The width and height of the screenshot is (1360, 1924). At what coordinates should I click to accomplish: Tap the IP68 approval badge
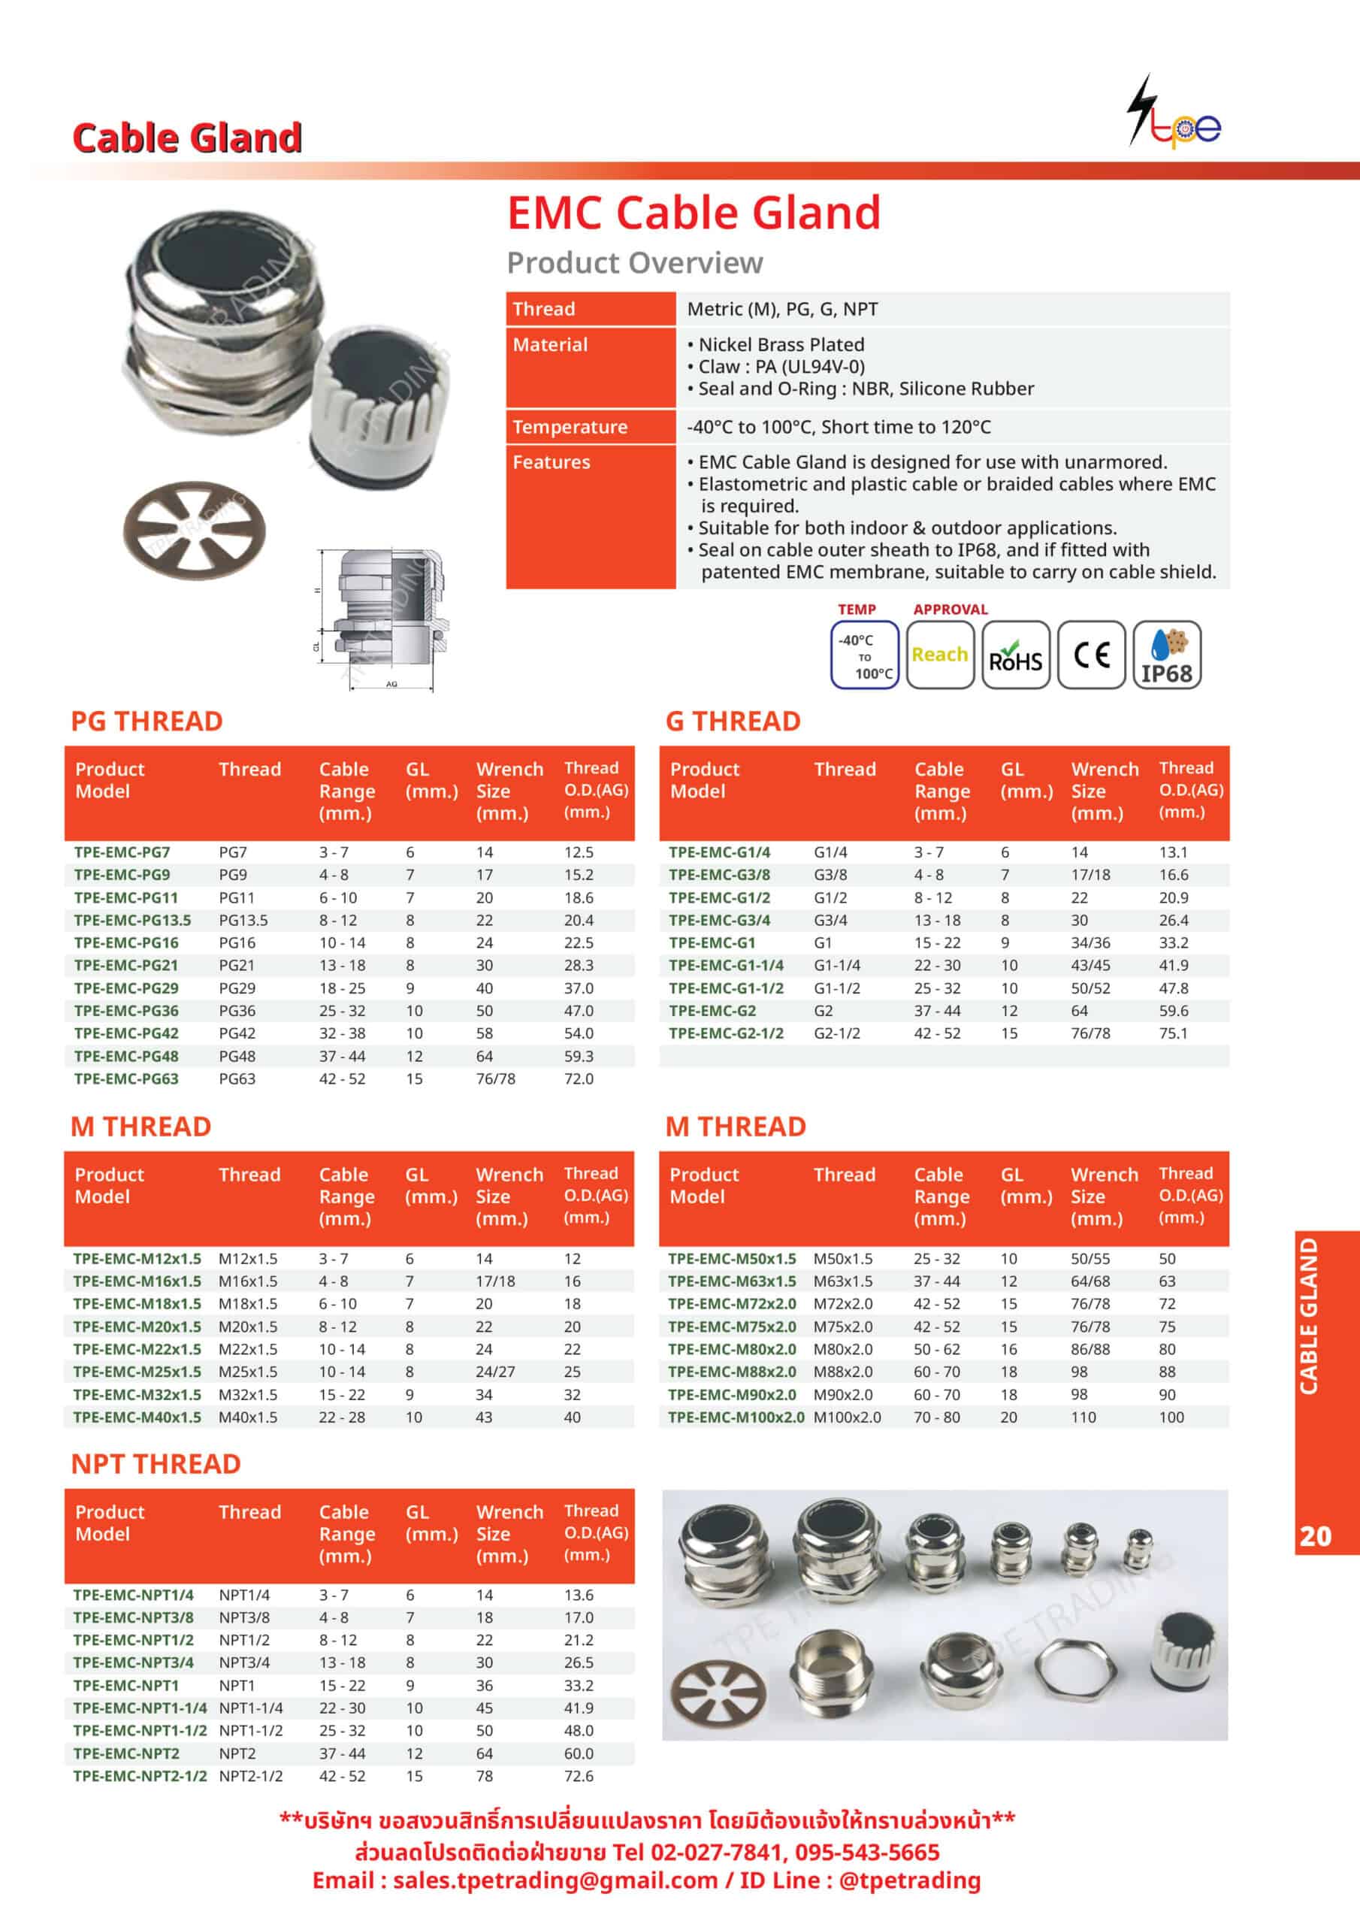click(1165, 655)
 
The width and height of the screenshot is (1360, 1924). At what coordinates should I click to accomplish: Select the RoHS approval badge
click(1015, 655)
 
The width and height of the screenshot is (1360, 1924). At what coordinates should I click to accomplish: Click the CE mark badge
click(1090, 655)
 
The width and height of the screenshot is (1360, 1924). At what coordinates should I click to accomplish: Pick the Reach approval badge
click(939, 655)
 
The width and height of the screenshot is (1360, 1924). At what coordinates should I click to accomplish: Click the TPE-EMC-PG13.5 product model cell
click(132, 920)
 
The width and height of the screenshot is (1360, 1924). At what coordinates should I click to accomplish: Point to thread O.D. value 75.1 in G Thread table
click(1173, 1033)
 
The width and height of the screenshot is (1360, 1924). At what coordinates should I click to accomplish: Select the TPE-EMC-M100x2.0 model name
click(736, 1417)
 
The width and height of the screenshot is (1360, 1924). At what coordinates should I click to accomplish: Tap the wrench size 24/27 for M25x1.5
click(495, 1372)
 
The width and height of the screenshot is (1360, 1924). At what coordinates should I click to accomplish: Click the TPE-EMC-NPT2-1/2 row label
click(139, 1776)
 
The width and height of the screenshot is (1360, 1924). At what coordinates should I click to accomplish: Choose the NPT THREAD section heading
click(156, 1463)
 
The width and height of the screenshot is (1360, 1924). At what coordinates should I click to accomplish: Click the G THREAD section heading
click(733, 721)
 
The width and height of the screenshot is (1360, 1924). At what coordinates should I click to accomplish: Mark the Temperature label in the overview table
click(570, 427)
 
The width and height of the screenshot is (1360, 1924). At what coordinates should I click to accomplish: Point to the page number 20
click(1315, 1535)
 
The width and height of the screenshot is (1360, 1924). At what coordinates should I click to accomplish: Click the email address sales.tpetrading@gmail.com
click(555, 1880)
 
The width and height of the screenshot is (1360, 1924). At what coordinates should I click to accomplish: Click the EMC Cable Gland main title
click(694, 212)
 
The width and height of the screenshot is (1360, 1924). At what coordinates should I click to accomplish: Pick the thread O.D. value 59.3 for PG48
click(579, 1056)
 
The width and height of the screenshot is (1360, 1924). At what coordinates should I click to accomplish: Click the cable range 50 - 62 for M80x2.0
click(937, 1349)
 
